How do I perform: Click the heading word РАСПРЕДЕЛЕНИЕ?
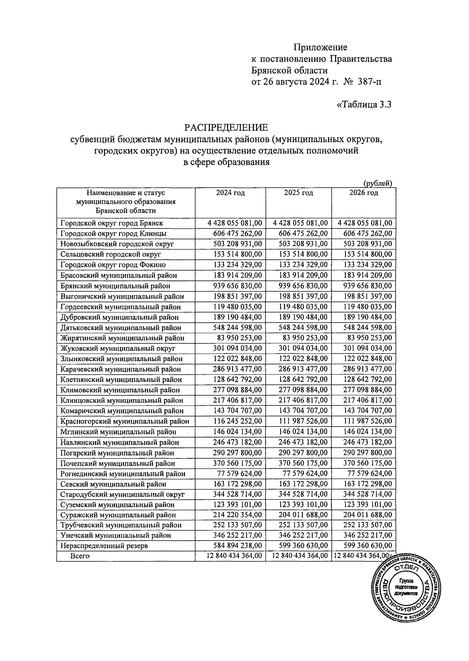[226, 128]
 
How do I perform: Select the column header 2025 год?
[299, 193]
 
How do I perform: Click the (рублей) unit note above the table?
[378, 183]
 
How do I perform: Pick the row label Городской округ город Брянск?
[112, 223]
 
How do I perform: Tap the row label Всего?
[80, 556]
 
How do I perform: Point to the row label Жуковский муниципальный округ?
[118, 348]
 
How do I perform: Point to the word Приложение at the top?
[320, 48]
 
